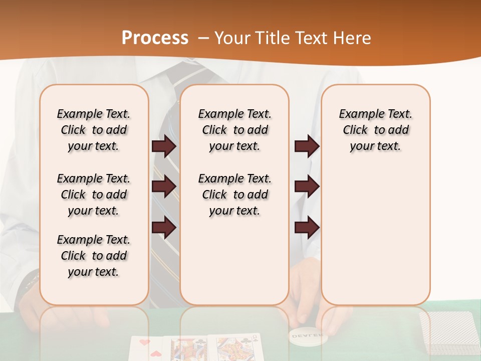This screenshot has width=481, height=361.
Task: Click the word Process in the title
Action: click(x=155, y=38)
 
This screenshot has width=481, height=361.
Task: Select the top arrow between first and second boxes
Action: click(x=164, y=146)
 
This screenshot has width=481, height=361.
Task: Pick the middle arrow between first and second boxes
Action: click(x=164, y=187)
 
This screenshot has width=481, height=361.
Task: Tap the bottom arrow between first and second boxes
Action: click(x=164, y=228)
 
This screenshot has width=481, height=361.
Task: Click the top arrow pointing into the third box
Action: click(x=307, y=146)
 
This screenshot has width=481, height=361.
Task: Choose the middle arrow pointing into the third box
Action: click(x=307, y=187)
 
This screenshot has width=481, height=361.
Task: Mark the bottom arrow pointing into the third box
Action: click(x=307, y=228)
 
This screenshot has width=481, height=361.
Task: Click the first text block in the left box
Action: click(x=94, y=130)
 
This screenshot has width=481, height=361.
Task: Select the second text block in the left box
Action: click(x=94, y=195)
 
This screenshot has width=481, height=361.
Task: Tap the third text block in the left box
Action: click(x=94, y=256)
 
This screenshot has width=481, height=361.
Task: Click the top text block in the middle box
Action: click(x=234, y=130)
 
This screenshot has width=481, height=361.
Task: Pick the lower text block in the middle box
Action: click(x=234, y=195)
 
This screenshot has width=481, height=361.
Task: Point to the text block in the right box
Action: click(x=375, y=130)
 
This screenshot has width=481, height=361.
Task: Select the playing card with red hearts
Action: click(x=148, y=348)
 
